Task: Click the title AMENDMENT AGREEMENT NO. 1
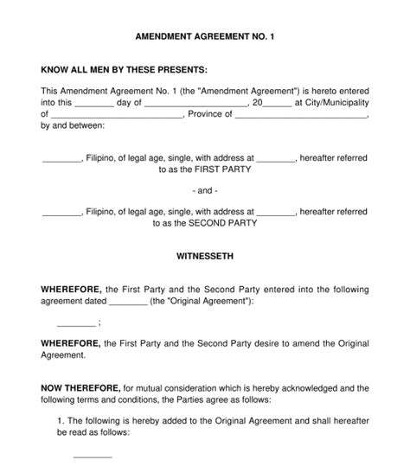205,39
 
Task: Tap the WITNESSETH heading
204,256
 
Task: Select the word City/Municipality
336,102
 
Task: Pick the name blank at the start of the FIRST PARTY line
61,159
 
